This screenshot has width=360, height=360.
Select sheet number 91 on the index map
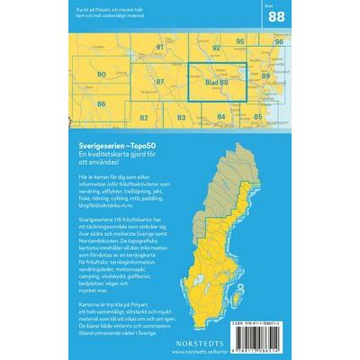pyautogui.click(x=160, y=48)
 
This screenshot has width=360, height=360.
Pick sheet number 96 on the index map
pyautogui.click(x=278, y=42)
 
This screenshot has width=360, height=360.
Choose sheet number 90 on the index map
pyautogui.click(x=102, y=75)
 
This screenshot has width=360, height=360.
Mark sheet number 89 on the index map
pyautogui.click(x=265, y=76)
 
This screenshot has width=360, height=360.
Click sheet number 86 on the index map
pyautogui.click(x=102, y=104)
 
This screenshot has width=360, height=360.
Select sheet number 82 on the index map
pyautogui.click(x=144, y=118)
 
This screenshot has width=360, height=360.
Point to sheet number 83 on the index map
pyautogui.click(x=182, y=118)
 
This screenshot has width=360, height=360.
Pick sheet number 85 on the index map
pyautogui.click(x=258, y=118)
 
